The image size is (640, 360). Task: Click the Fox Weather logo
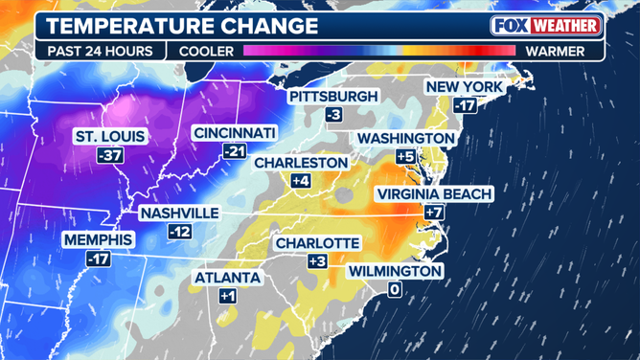[546, 26]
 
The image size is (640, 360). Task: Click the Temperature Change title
[183, 26]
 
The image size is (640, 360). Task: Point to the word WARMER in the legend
[554, 51]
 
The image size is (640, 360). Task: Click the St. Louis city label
[109, 137]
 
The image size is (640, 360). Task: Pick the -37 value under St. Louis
[109, 155]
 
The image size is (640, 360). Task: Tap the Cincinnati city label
[234, 132]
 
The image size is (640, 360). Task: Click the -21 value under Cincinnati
[234, 150]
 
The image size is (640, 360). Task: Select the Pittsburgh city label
[333, 97]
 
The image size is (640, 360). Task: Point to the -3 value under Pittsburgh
[333, 115]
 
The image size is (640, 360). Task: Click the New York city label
[465, 87]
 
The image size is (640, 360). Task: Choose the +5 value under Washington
[405, 157]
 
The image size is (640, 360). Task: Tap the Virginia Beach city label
[434, 194]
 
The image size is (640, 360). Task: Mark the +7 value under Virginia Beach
[434, 213]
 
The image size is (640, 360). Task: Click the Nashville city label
[179, 214]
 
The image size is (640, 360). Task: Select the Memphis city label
[98, 239]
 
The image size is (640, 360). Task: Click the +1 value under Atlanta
[227, 297]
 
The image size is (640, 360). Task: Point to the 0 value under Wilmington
[394, 289]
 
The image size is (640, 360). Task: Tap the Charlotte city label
[317, 243]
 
